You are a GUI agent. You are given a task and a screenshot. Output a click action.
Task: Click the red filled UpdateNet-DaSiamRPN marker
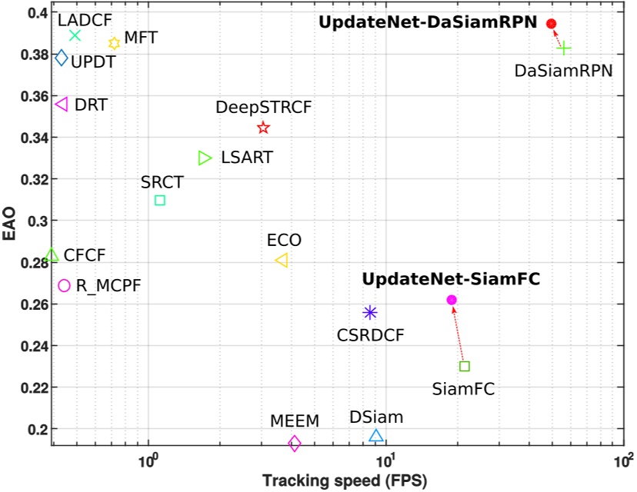(551, 24)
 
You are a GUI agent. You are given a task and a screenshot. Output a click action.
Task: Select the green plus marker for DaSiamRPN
(564, 48)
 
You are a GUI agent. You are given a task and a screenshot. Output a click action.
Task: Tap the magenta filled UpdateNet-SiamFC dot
(452, 300)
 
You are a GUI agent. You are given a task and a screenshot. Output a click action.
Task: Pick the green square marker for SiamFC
(464, 366)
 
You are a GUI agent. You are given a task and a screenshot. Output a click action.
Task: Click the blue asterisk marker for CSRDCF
(370, 312)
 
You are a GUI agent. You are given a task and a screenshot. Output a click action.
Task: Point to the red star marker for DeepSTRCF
(263, 128)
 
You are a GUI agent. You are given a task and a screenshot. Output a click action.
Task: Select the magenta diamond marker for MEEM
(294, 443)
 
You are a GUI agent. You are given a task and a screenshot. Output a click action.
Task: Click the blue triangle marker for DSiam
(375, 436)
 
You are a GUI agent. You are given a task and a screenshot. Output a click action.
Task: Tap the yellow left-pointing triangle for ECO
(282, 261)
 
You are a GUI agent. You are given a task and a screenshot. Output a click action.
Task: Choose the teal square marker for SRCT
(160, 201)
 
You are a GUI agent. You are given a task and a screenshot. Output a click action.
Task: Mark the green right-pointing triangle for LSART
(205, 158)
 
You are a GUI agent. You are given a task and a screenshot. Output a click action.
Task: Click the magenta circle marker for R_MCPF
(64, 285)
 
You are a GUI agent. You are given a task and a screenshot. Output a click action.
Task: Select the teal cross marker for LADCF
(75, 35)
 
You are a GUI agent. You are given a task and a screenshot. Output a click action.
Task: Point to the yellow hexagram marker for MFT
(114, 44)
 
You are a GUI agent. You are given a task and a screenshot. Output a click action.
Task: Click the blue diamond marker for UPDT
(62, 58)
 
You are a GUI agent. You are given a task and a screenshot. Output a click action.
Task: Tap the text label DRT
(91, 105)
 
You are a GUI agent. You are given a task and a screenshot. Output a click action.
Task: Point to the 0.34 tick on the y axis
(34, 138)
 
